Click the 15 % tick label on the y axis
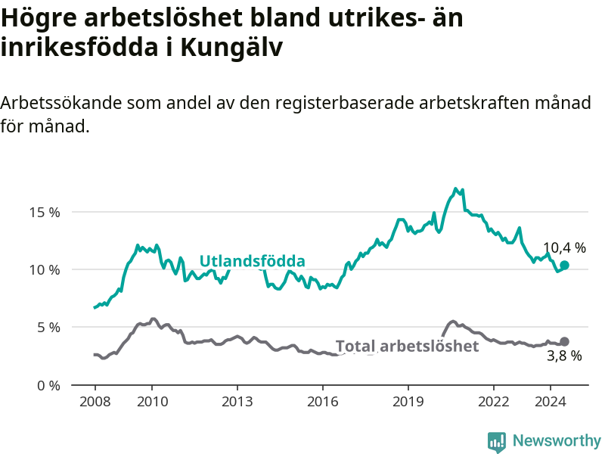click(45, 213)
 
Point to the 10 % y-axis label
click(45, 270)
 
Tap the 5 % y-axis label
click(48, 328)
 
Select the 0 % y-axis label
click(48, 386)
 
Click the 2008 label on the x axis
click(95, 402)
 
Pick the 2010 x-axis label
click(153, 402)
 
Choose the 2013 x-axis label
click(237, 402)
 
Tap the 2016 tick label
click(323, 402)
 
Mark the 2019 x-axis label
click(408, 402)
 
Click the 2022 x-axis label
click(494, 402)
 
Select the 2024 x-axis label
click(551, 402)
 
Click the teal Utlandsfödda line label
click(253, 261)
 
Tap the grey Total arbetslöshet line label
click(407, 347)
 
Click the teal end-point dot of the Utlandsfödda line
click(564, 266)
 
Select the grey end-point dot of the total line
click(564, 342)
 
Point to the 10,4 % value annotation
click(564, 248)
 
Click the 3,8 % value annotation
click(564, 356)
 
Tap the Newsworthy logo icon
click(497, 442)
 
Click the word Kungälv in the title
click(231, 48)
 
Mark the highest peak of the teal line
click(456, 188)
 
